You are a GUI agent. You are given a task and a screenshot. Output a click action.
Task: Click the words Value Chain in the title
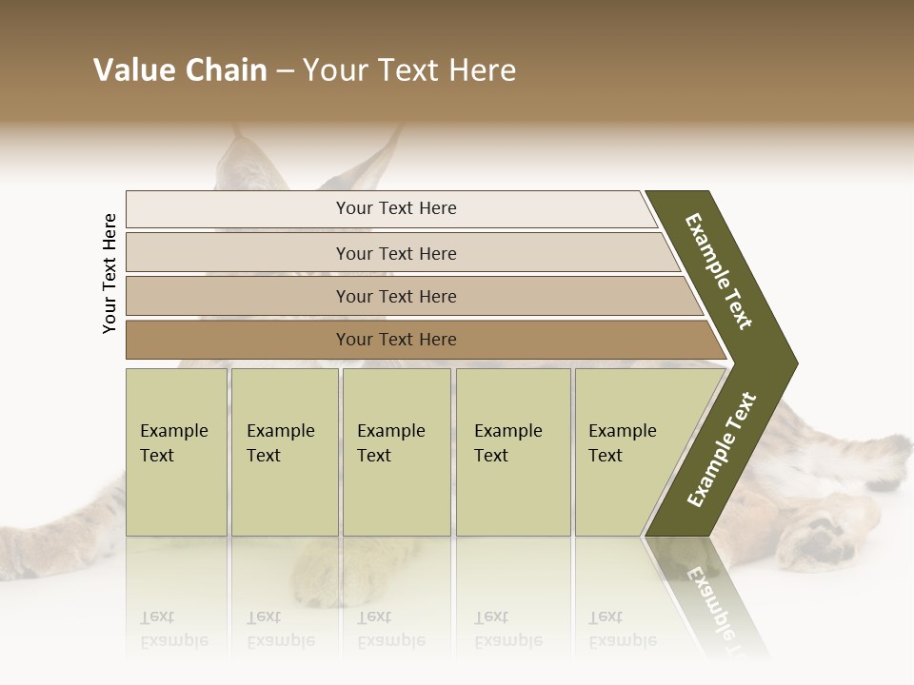[180, 70]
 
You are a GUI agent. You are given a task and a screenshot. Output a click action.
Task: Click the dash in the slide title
[284, 71]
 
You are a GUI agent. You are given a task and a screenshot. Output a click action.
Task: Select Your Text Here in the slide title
[408, 70]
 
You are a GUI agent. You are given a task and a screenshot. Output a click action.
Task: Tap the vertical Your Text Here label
[109, 273]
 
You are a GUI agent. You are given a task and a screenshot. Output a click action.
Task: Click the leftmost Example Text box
[176, 452]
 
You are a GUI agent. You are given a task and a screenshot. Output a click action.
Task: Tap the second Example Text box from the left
[285, 452]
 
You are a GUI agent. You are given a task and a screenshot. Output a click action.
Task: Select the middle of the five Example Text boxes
[396, 452]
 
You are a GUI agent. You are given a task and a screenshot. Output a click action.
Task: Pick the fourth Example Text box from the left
[513, 452]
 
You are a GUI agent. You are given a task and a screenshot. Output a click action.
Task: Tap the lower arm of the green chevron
[722, 451]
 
